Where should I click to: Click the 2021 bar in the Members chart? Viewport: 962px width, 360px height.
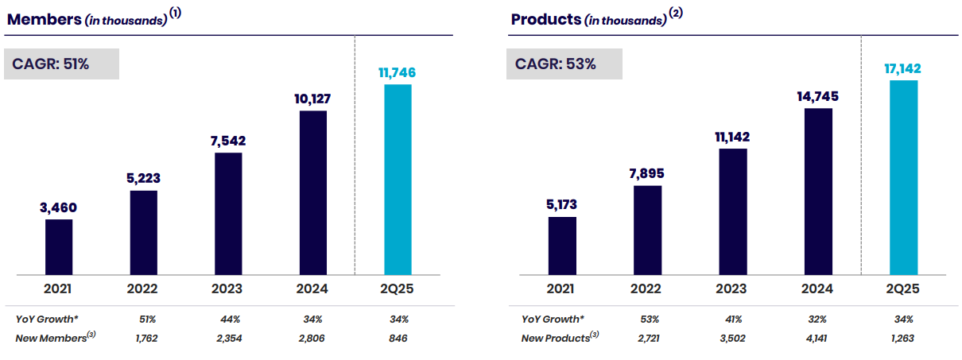(59, 247)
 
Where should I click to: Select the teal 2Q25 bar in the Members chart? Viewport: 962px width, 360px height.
(398, 180)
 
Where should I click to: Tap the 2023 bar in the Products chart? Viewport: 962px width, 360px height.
(733, 211)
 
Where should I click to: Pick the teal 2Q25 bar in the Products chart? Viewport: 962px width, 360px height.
(904, 177)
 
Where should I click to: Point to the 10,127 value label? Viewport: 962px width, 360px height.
(312, 99)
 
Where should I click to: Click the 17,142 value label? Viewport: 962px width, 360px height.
(902, 68)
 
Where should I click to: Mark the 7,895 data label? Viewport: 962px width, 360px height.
(647, 173)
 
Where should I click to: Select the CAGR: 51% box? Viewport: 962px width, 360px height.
(61, 64)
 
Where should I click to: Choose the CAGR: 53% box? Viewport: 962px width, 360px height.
(564, 64)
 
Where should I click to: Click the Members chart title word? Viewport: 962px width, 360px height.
(45, 19)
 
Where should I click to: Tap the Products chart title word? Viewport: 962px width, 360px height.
(546, 19)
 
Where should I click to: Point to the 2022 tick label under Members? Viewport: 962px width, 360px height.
(142, 288)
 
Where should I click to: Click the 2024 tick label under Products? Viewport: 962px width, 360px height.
(817, 288)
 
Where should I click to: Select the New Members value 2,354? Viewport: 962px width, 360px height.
(229, 339)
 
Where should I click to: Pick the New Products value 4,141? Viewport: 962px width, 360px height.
(817, 339)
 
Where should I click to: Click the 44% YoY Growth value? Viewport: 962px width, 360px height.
(231, 319)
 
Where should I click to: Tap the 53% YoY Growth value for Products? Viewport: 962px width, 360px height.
(650, 319)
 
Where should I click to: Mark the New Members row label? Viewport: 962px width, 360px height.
(56, 338)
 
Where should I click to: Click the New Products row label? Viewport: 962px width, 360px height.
(560, 338)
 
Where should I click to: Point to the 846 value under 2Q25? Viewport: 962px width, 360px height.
(398, 339)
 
